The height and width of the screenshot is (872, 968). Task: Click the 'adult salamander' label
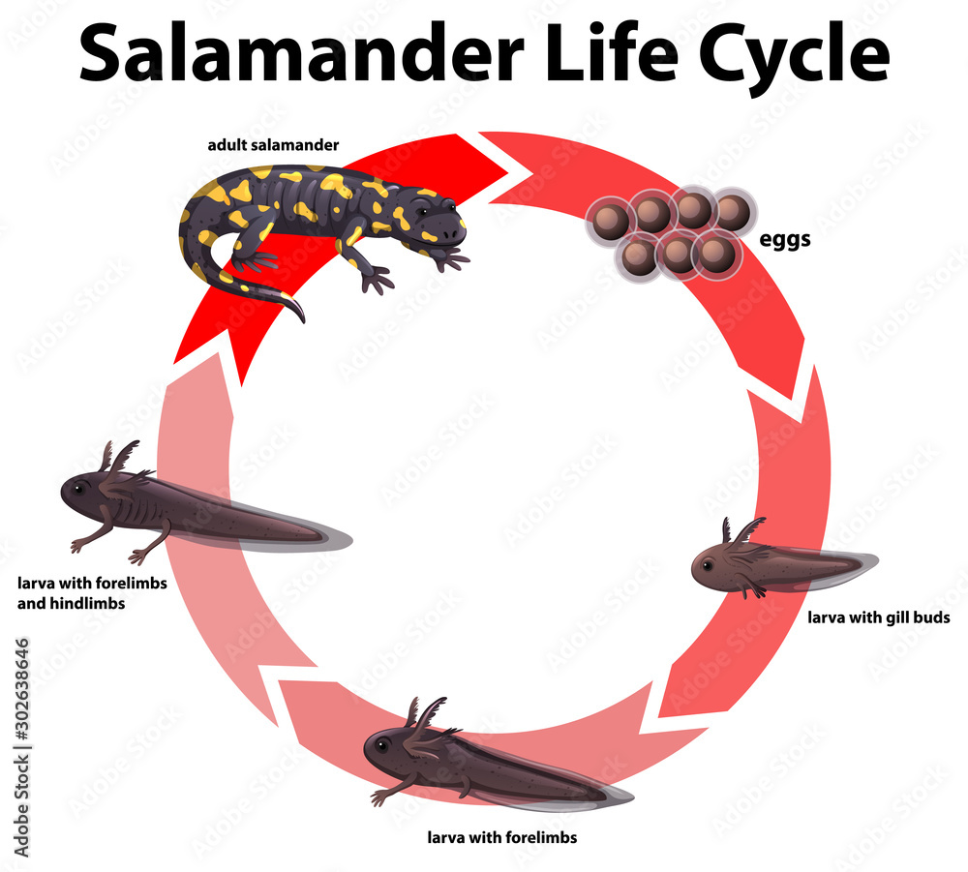tap(272, 146)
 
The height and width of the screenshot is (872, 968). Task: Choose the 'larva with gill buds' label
tap(879, 616)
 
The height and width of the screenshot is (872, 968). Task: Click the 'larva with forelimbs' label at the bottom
tap(502, 837)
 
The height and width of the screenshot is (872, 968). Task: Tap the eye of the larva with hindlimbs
tap(78, 488)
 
